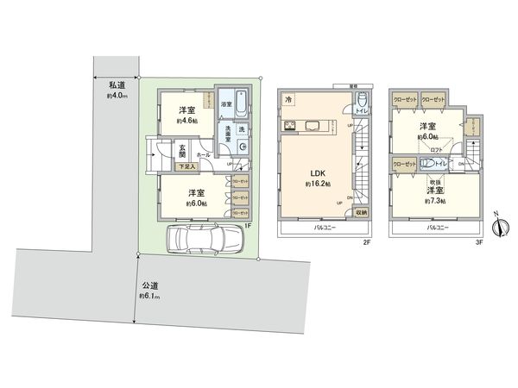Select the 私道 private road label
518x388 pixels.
click(x=117, y=84)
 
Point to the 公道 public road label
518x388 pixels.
click(x=150, y=285)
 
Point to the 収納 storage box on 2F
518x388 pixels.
click(x=361, y=211)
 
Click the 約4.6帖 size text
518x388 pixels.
click(x=187, y=122)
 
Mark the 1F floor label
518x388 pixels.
click(x=247, y=226)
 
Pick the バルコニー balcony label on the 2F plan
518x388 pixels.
click(x=319, y=228)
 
